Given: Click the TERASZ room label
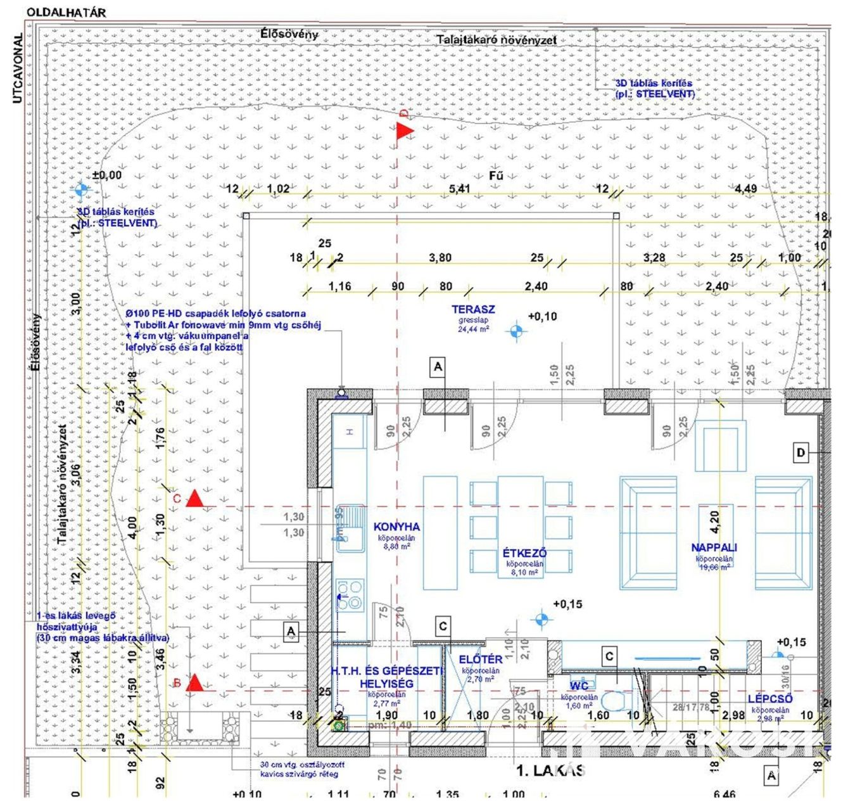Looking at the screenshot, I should point(473,310).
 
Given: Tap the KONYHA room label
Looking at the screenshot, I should point(396,527).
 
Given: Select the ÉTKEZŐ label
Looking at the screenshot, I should point(524,553).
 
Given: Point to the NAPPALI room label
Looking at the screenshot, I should point(714,547).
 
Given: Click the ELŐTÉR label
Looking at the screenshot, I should point(481,660).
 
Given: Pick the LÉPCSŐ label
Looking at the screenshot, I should point(770,699).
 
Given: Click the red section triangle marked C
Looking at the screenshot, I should point(194,499).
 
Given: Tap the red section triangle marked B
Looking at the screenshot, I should point(195,682).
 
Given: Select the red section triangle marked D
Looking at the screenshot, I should point(404,131).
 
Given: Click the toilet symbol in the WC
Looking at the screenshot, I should point(612,701).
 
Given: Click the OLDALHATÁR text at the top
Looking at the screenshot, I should point(66,12).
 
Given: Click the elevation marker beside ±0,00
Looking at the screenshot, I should point(80,189).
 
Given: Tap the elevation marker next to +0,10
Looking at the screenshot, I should point(517,330).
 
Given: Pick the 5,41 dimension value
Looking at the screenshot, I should point(460,189).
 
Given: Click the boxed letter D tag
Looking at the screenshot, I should point(801,452).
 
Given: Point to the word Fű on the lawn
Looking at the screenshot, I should point(497,175).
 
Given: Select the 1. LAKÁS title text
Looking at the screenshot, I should point(550,770).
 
